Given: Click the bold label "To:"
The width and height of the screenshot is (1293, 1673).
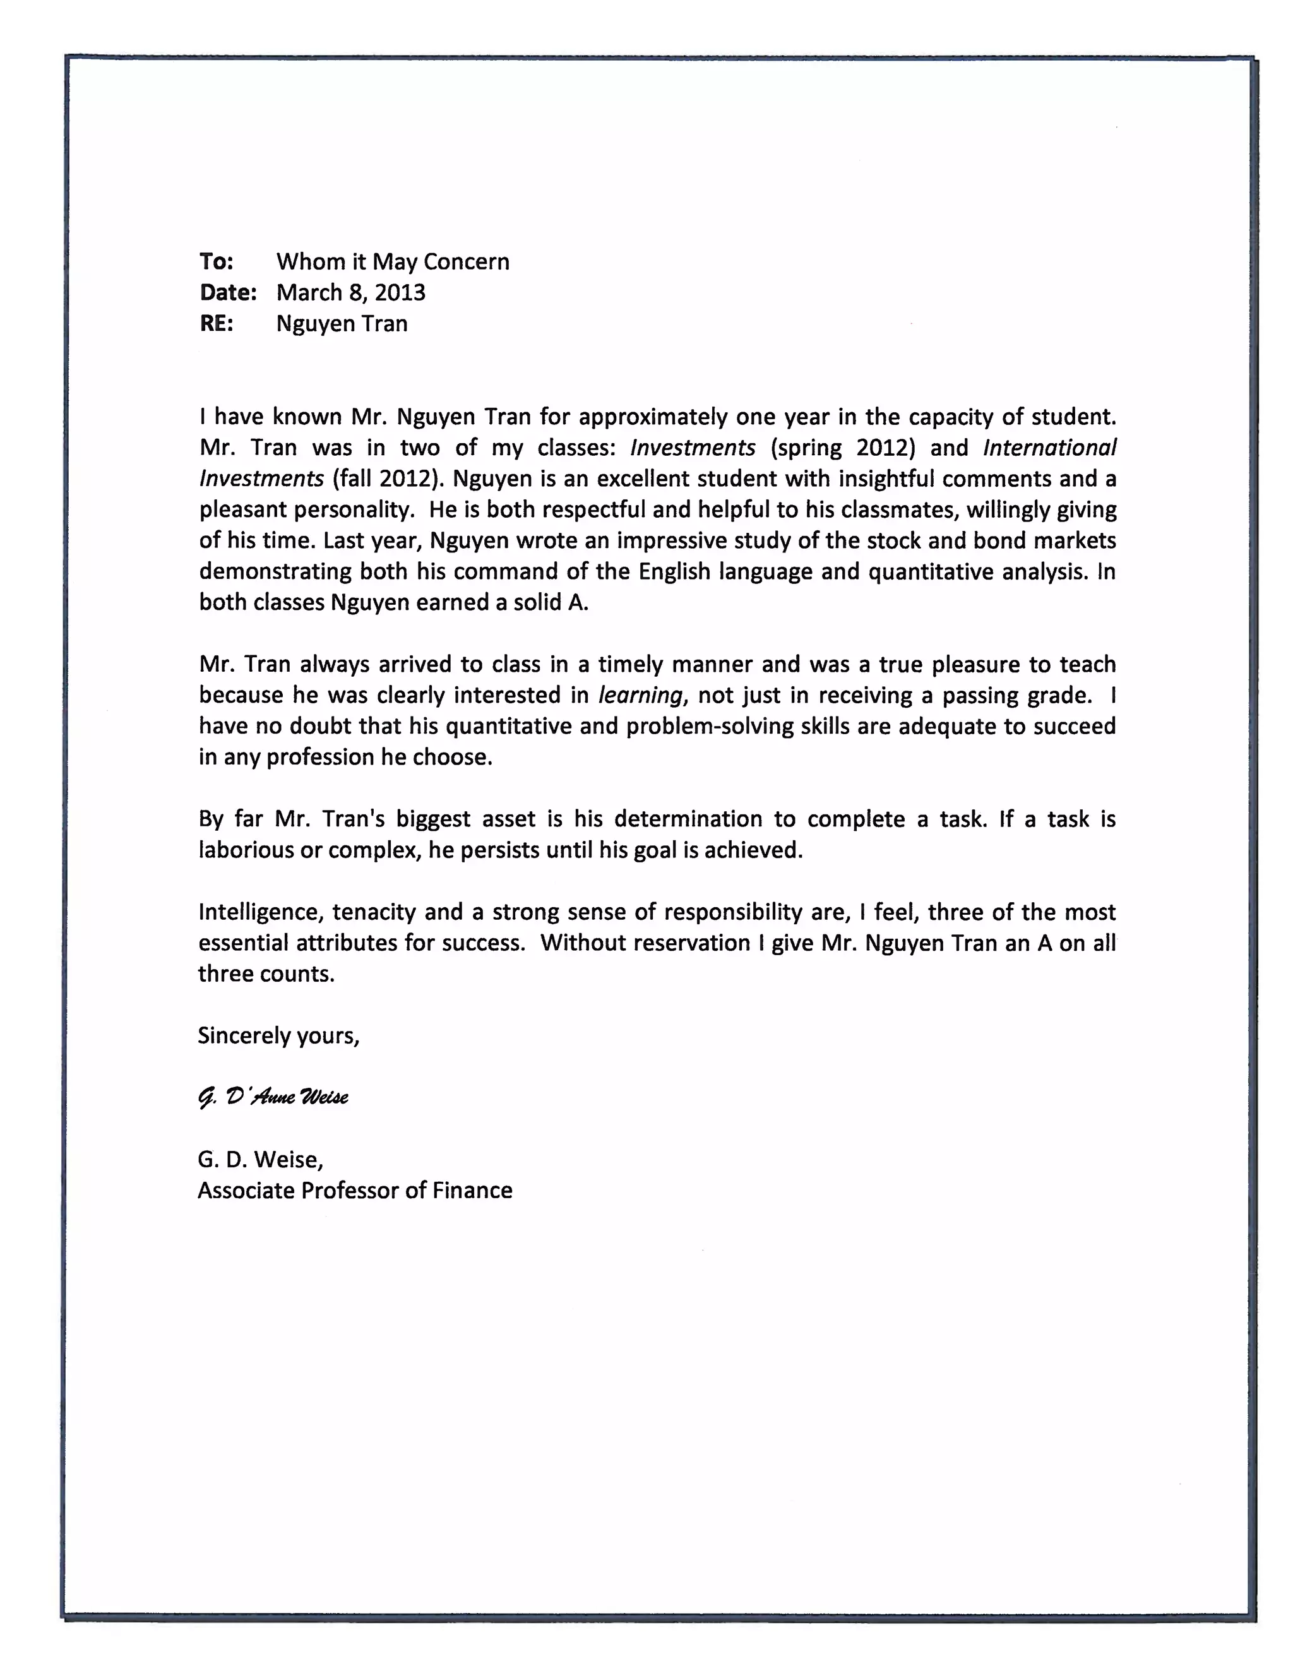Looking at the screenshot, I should [x=216, y=262].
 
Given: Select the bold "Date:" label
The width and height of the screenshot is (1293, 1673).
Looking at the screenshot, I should [x=227, y=293].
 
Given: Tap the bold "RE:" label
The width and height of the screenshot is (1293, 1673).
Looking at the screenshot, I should [x=216, y=323].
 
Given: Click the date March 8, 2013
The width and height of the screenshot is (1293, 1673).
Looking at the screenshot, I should [x=351, y=293].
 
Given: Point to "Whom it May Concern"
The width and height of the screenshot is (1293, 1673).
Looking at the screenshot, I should [x=392, y=262].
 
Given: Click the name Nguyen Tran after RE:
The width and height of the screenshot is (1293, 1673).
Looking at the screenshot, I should [x=342, y=323].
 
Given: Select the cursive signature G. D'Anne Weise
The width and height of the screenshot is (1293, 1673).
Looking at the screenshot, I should [x=273, y=1097].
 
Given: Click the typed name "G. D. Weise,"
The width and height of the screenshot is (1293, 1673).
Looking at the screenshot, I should [x=261, y=1159].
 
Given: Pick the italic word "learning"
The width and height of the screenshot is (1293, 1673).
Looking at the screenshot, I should [x=640, y=696].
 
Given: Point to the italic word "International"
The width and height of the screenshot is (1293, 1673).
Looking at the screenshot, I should [x=1049, y=448].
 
